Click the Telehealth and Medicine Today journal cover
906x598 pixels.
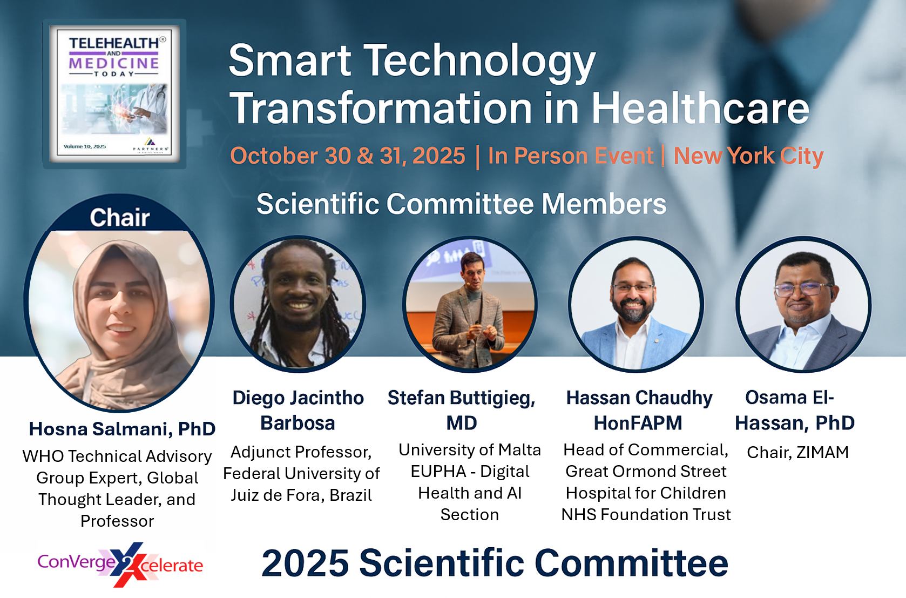(x=114, y=94)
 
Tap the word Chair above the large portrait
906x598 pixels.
(x=120, y=218)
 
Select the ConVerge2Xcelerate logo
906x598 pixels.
(x=120, y=564)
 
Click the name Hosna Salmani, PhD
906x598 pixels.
(x=122, y=429)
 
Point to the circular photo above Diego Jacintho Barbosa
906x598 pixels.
(x=298, y=304)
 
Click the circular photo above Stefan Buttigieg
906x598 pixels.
(x=470, y=304)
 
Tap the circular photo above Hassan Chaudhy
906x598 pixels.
(x=636, y=304)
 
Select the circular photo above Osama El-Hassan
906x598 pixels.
(x=803, y=304)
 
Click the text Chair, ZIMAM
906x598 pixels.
(x=797, y=452)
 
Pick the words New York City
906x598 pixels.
(x=748, y=156)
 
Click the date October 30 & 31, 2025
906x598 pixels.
(x=348, y=156)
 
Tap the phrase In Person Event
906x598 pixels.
(x=570, y=156)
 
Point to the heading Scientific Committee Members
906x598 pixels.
(x=462, y=204)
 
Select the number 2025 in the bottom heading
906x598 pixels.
(x=305, y=563)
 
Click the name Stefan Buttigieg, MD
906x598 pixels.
(x=462, y=410)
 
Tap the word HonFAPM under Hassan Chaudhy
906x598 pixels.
(x=638, y=423)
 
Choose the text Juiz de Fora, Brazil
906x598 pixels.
(x=301, y=495)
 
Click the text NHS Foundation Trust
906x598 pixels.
(x=646, y=515)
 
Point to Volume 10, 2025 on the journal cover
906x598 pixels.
(x=85, y=146)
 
